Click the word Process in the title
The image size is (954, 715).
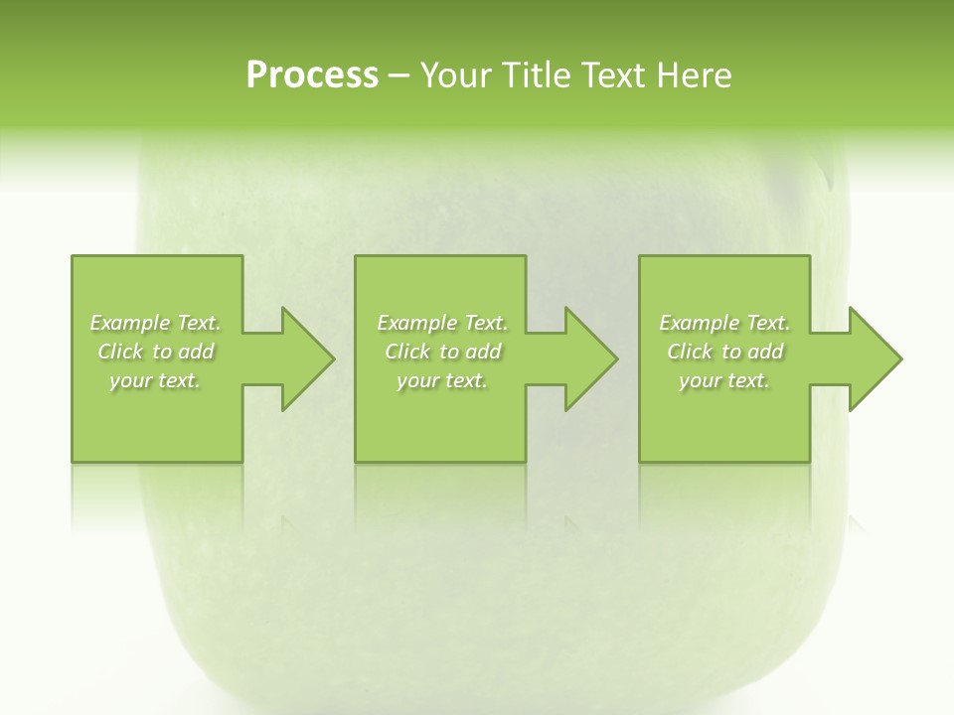point(312,75)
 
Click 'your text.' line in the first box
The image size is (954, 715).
point(155,381)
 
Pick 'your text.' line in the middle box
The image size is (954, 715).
point(442,381)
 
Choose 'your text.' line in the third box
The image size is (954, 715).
point(724,381)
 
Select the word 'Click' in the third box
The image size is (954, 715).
point(690,352)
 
